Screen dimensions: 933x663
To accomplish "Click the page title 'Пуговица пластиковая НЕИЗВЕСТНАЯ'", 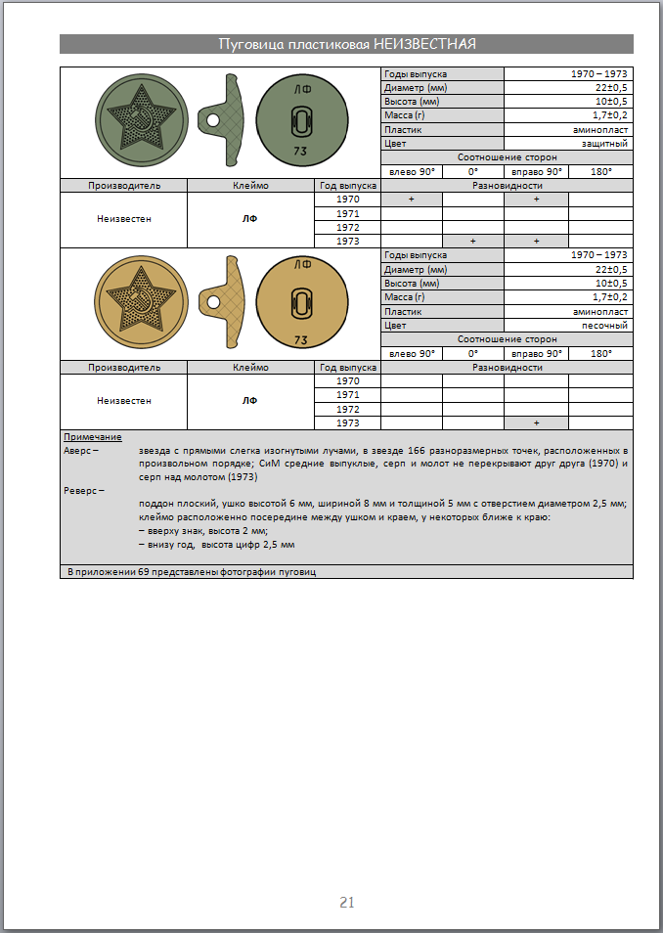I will (x=346, y=44).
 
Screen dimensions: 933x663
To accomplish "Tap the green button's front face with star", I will (x=140, y=122).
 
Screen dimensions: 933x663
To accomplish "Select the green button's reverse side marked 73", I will (x=301, y=122).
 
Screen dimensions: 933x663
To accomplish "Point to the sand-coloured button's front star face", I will (x=140, y=302).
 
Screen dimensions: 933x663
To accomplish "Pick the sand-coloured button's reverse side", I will (x=301, y=302).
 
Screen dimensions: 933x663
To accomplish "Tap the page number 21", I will (x=346, y=902).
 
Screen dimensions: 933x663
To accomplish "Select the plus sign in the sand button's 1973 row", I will (x=536, y=422).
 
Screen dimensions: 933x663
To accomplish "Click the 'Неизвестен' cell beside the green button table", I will (x=123, y=219).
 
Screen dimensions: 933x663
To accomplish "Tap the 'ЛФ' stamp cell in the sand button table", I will (x=250, y=401).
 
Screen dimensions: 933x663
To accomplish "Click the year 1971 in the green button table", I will (x=347, y=212).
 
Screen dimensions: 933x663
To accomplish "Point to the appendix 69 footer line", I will (x=192, y=571).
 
